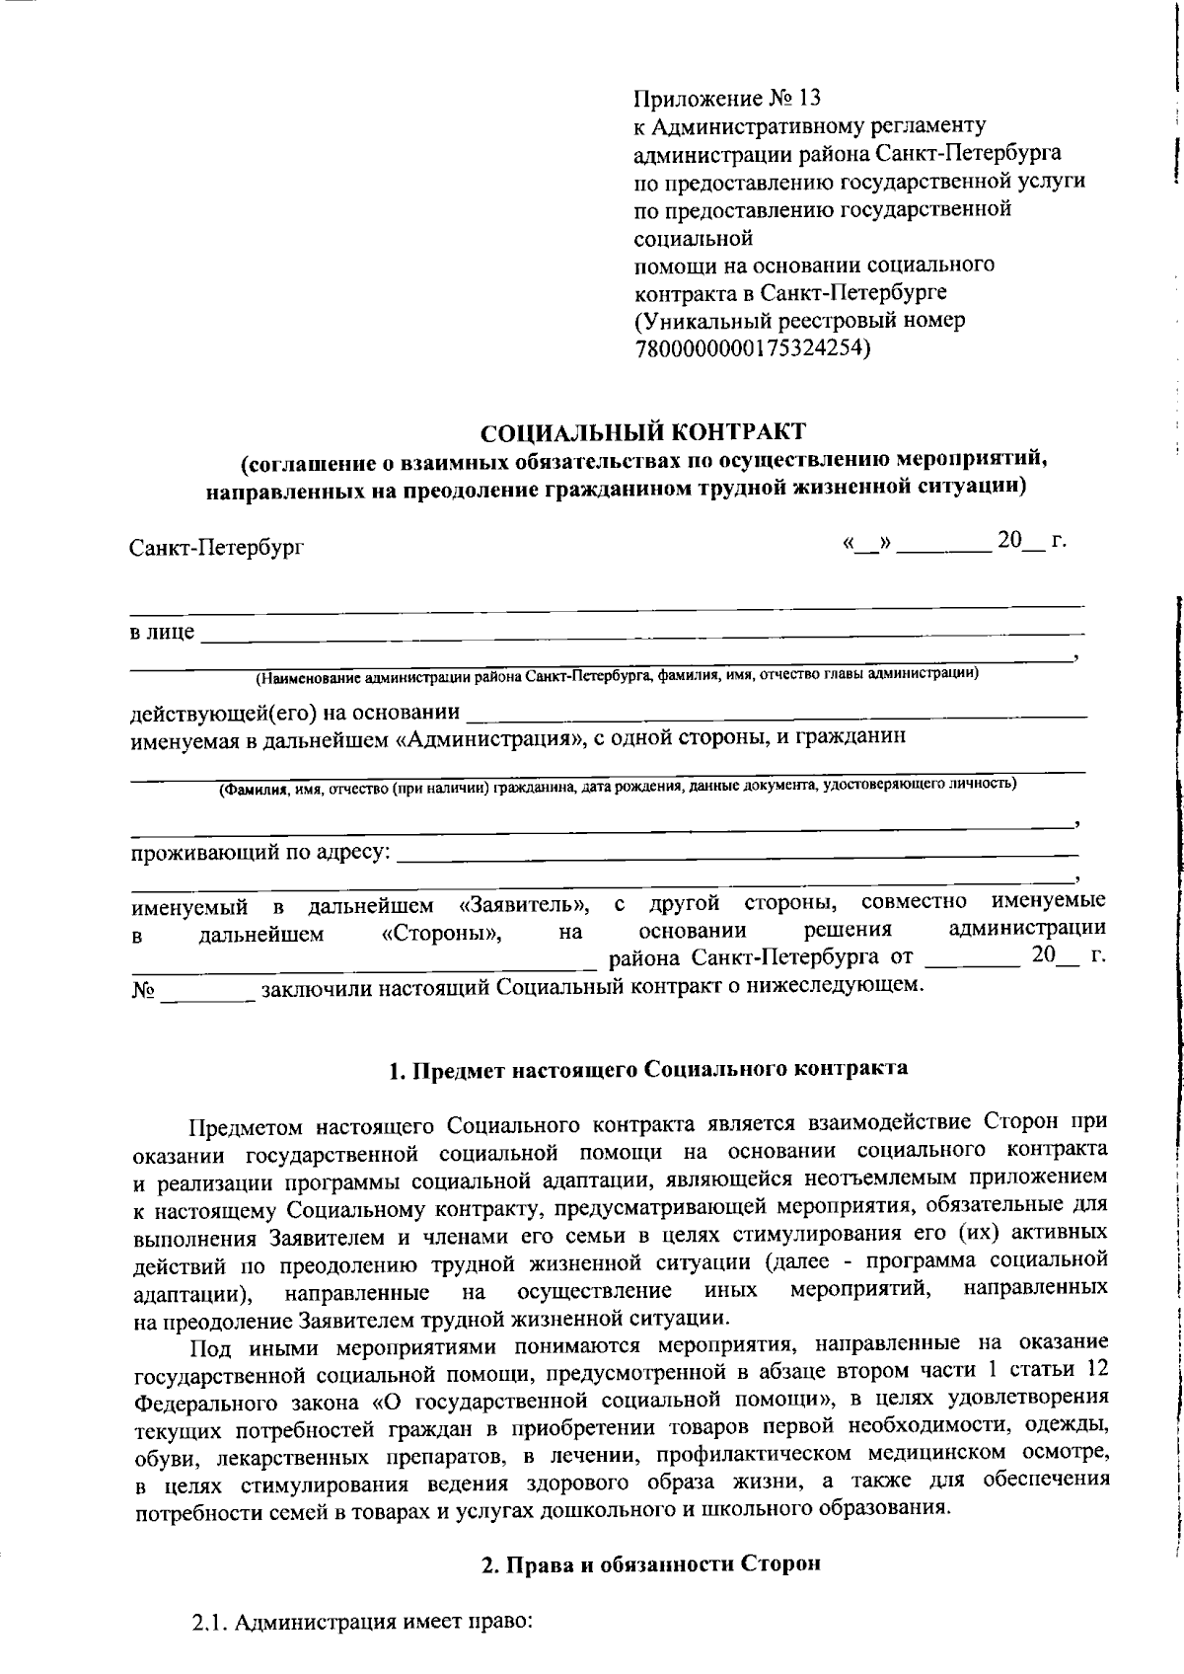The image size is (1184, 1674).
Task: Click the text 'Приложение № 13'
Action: click(726, 99)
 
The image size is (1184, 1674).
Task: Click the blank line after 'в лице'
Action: click(641, 632)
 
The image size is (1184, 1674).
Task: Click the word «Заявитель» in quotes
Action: click(526, 905)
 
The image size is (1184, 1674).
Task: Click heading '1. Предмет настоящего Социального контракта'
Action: click(648, 1069)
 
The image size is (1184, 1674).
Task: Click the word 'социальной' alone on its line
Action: click(693, 238)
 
